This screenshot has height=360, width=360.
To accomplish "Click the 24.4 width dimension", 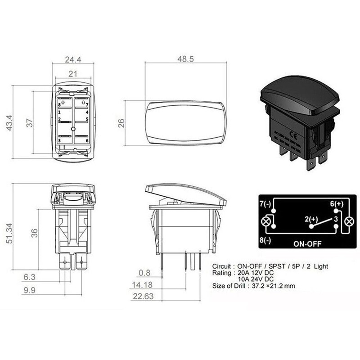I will click(x=73, y=59).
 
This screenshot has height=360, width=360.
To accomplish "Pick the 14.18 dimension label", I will click(x=141, y=284).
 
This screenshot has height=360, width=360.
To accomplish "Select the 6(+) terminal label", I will click(x=337, y=204).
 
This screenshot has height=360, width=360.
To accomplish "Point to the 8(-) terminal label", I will click(x=265, y=240).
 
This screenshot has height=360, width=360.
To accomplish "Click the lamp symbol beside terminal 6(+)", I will click(x=349, y=222).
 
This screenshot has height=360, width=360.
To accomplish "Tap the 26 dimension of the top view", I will click(x=121, y=122).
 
